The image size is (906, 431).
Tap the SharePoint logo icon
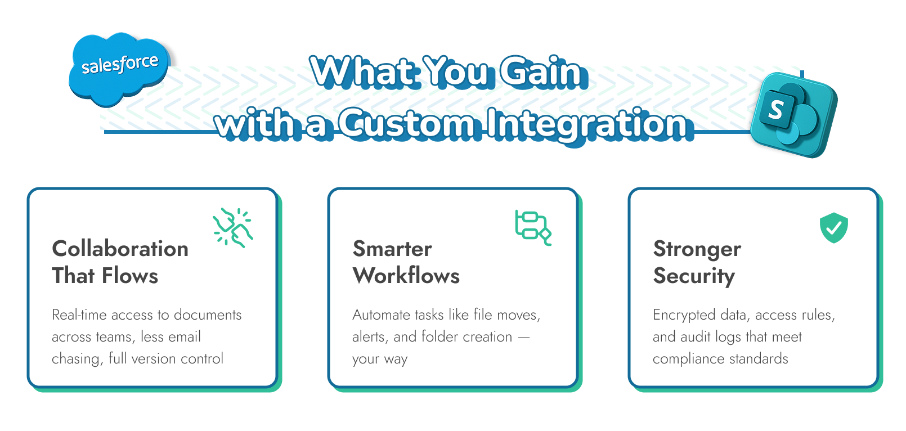pyautogui.click(x=793, y=115)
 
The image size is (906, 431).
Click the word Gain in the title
pyautogui.click(x=540, y=72)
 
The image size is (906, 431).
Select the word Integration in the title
pyautogui.click(x=586, y=124)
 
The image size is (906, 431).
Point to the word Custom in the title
pyautogui.click(x=406, y=124)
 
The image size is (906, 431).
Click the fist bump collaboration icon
pyautogui.click(x=232, y=228)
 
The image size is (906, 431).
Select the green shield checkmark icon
pyautogui.click(x=833, y=228)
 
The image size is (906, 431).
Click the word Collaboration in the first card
pyautogui.click(x=120, y=249)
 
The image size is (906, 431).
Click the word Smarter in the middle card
pyautogui.click(x=392, y=249)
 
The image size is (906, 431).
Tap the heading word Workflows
pyautogui.click(x=406, y=276)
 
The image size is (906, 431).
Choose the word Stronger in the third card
pyautogui.click(x=697, y=249)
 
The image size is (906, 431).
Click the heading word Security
pyautogui.click(x=694, y=276)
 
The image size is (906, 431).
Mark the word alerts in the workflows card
pyautogui.click(x=369, y=336)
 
